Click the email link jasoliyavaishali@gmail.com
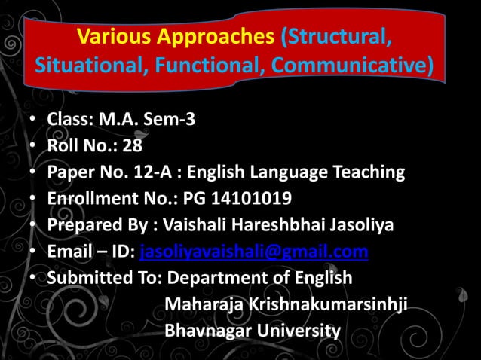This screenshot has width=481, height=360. [254, 252]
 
